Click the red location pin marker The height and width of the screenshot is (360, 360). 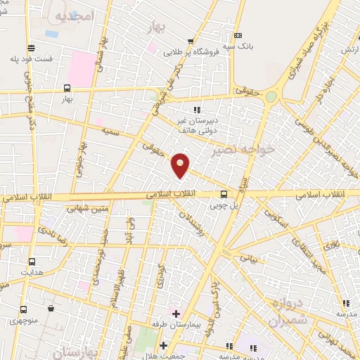tap(181, 165)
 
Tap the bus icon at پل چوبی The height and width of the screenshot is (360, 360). tap(224, 194)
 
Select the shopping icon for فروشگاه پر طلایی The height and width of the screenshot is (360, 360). tap(191, 40)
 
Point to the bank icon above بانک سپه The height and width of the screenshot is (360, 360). tap(238, 36)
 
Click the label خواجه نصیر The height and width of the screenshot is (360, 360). tap(238, 150)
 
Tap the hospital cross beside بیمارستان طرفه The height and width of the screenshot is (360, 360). tap(175, 313)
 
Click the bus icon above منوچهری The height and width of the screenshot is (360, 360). tap(24, 309)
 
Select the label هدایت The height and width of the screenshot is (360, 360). tap(32, 271)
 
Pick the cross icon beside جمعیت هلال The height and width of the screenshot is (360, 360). tap(164, 345)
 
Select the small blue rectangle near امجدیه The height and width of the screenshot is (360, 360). tap(51, 33)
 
